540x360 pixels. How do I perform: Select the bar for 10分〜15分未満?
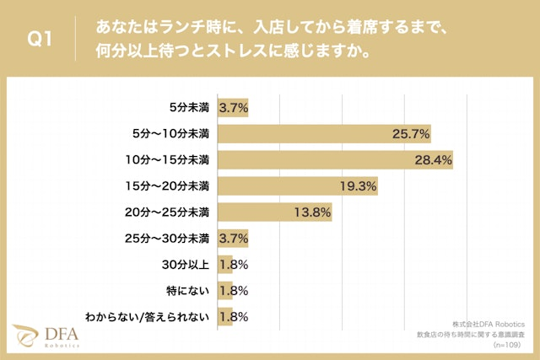point(336,159)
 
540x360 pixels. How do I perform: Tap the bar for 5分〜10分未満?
point(325,133)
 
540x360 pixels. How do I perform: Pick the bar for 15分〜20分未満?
point(298,185)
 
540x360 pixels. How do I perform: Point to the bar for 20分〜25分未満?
point(275,212)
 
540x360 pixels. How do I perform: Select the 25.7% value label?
point(411,133)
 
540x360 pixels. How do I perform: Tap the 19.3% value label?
point(357,185)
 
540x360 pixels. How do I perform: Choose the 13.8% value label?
point(311,212)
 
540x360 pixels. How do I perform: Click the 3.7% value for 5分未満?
point(233,107)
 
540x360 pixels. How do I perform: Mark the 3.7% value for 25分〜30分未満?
point(233,239)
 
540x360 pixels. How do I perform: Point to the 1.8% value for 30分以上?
point(233,265)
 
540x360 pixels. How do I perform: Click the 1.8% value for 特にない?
point(233,291)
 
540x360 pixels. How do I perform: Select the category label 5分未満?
point(190,107)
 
